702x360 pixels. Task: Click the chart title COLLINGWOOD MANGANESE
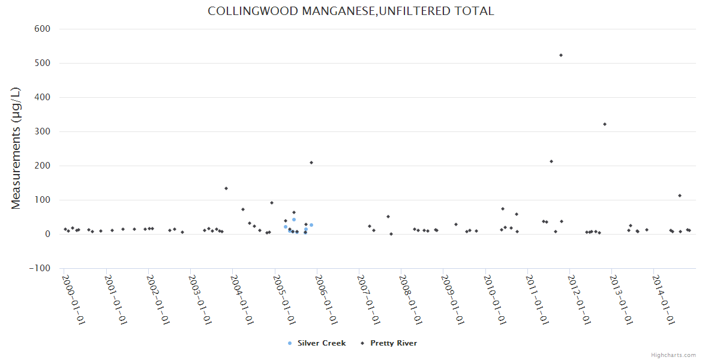click(350, 11)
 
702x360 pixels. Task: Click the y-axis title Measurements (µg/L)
click(16, 148)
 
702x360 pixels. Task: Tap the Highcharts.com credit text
click(673, 355)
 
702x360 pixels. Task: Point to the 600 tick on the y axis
click(41, 29)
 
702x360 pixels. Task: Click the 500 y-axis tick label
click(41, 63)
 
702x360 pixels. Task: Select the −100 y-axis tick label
click(40, 268)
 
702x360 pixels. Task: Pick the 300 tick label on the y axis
click(41, 131)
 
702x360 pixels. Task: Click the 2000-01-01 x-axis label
click(74, 299)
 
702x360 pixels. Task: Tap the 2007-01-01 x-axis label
click(370, 299)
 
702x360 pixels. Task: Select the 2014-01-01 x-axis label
click(665, 299)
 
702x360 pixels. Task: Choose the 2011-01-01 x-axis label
click(538, 299)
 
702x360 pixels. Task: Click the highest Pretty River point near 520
click(561, 55)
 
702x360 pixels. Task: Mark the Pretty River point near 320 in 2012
click(605, 124)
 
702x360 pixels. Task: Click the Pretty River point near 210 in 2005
click(311, 163)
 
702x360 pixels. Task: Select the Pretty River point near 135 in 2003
click(226, 188)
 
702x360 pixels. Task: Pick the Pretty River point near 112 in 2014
click(680, 196)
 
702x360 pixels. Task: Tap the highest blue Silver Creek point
click(294, 220)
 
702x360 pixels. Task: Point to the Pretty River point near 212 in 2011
click(551, 161)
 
